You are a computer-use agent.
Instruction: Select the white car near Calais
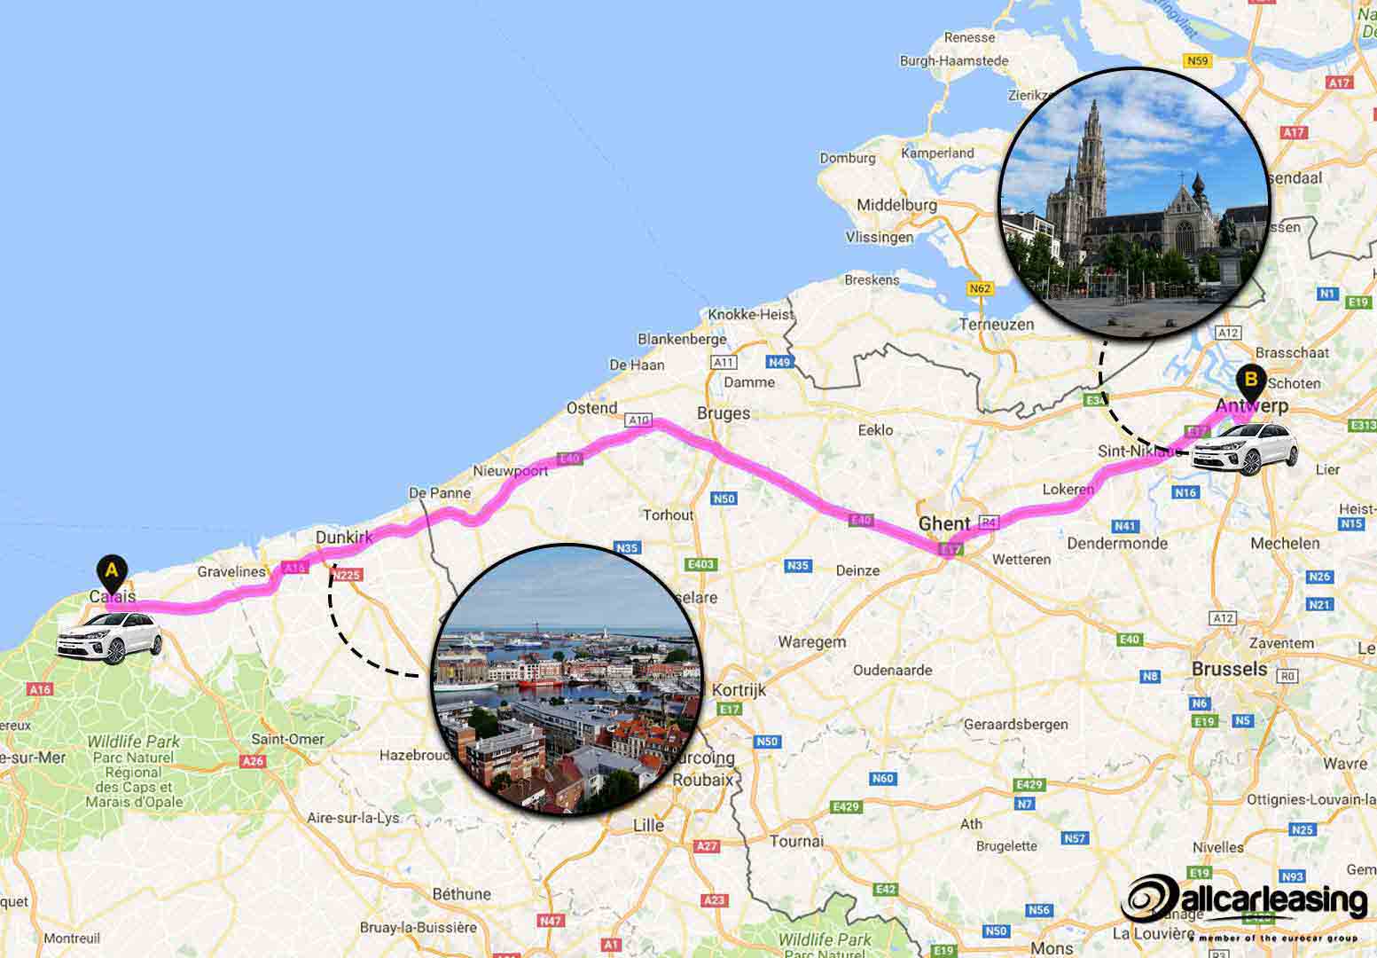pos(109,637)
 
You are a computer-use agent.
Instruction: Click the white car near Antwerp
pos(1243,450)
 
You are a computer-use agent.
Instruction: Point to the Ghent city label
pos(943,523)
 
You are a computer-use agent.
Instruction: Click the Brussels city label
pos(1229,669)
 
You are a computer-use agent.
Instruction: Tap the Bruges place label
pos(724,413)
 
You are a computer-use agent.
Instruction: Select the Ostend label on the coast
pos(591,408)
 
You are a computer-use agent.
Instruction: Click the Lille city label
pos(648,825)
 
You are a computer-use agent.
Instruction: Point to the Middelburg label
pos(896,205)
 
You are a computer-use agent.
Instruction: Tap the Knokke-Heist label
pos(750,315)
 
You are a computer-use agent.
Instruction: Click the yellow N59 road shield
pos(1198,61)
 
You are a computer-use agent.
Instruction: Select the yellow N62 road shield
pos(980,289)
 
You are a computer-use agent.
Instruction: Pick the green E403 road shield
pos(700,564)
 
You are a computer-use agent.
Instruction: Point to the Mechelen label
pos(1285,543)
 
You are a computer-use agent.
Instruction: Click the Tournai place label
pos(796,841)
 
